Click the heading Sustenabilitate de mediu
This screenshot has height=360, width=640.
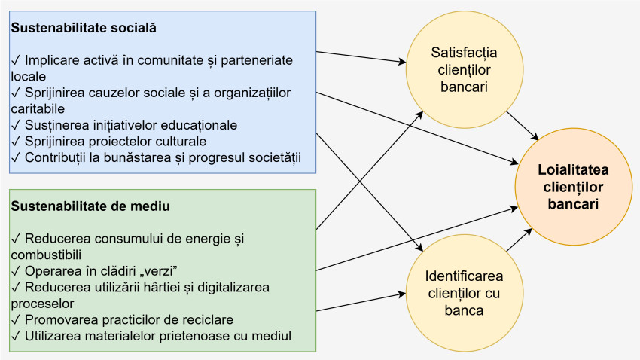89,206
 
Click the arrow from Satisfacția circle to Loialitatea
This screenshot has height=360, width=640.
522,126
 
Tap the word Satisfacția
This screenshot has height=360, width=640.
464,53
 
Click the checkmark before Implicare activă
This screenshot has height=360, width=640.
17,60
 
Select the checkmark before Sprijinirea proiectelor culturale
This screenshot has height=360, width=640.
17,141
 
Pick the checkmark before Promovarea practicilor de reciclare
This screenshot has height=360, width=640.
17,319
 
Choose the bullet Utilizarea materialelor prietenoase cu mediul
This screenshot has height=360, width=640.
151,335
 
